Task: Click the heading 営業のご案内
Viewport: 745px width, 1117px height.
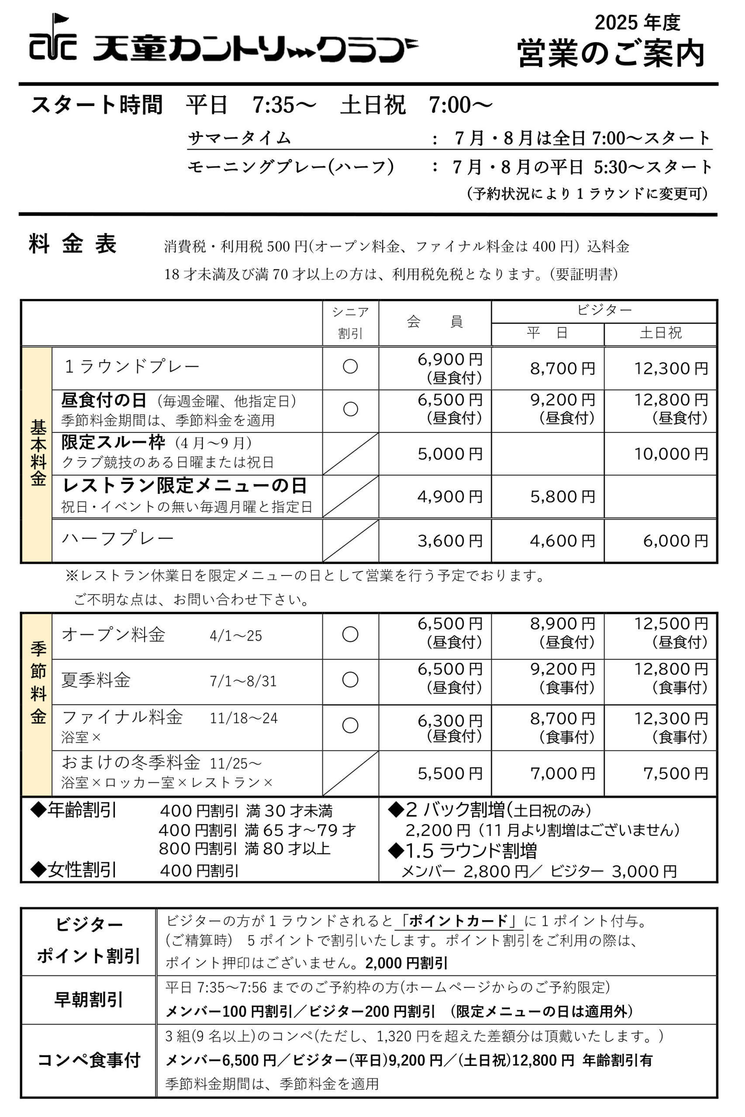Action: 610,53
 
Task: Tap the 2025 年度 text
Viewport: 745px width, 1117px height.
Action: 637,22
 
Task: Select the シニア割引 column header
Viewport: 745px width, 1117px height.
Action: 350,322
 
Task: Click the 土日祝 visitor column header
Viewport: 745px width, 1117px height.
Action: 660,333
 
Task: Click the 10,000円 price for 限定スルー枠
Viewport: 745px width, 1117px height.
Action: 671,454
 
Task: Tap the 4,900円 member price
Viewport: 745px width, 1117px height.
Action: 449,497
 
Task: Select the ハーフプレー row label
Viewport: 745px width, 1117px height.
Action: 118,538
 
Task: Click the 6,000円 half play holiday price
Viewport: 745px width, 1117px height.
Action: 675,541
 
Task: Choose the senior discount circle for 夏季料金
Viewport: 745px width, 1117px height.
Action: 350,679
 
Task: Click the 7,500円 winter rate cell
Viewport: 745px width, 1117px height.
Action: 675,773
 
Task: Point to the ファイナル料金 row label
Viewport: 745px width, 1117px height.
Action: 122,717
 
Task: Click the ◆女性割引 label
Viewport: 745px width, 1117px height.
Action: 74,870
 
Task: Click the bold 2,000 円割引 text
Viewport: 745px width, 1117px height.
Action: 407,963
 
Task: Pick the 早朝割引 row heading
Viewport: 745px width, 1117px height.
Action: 88,999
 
